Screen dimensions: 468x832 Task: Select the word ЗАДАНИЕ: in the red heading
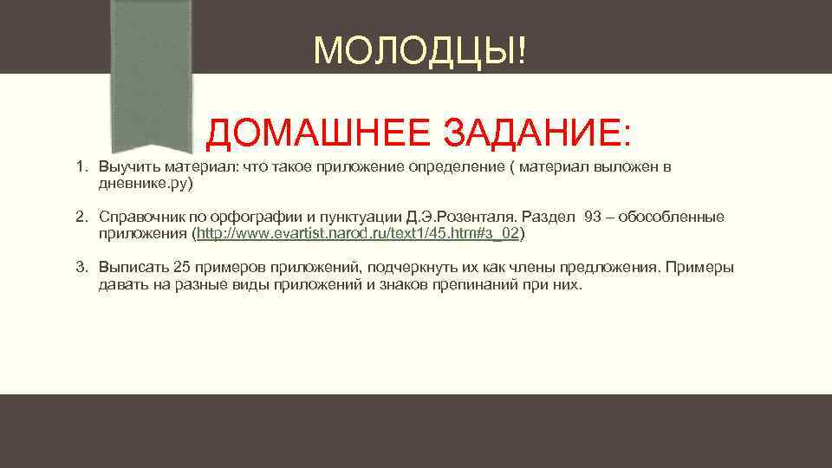tap(537, 133)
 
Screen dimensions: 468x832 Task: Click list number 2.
tap(81, 217)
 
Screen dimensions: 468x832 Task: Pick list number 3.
tap(81, 267)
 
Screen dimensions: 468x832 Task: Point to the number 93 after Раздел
tap(593, 217)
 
